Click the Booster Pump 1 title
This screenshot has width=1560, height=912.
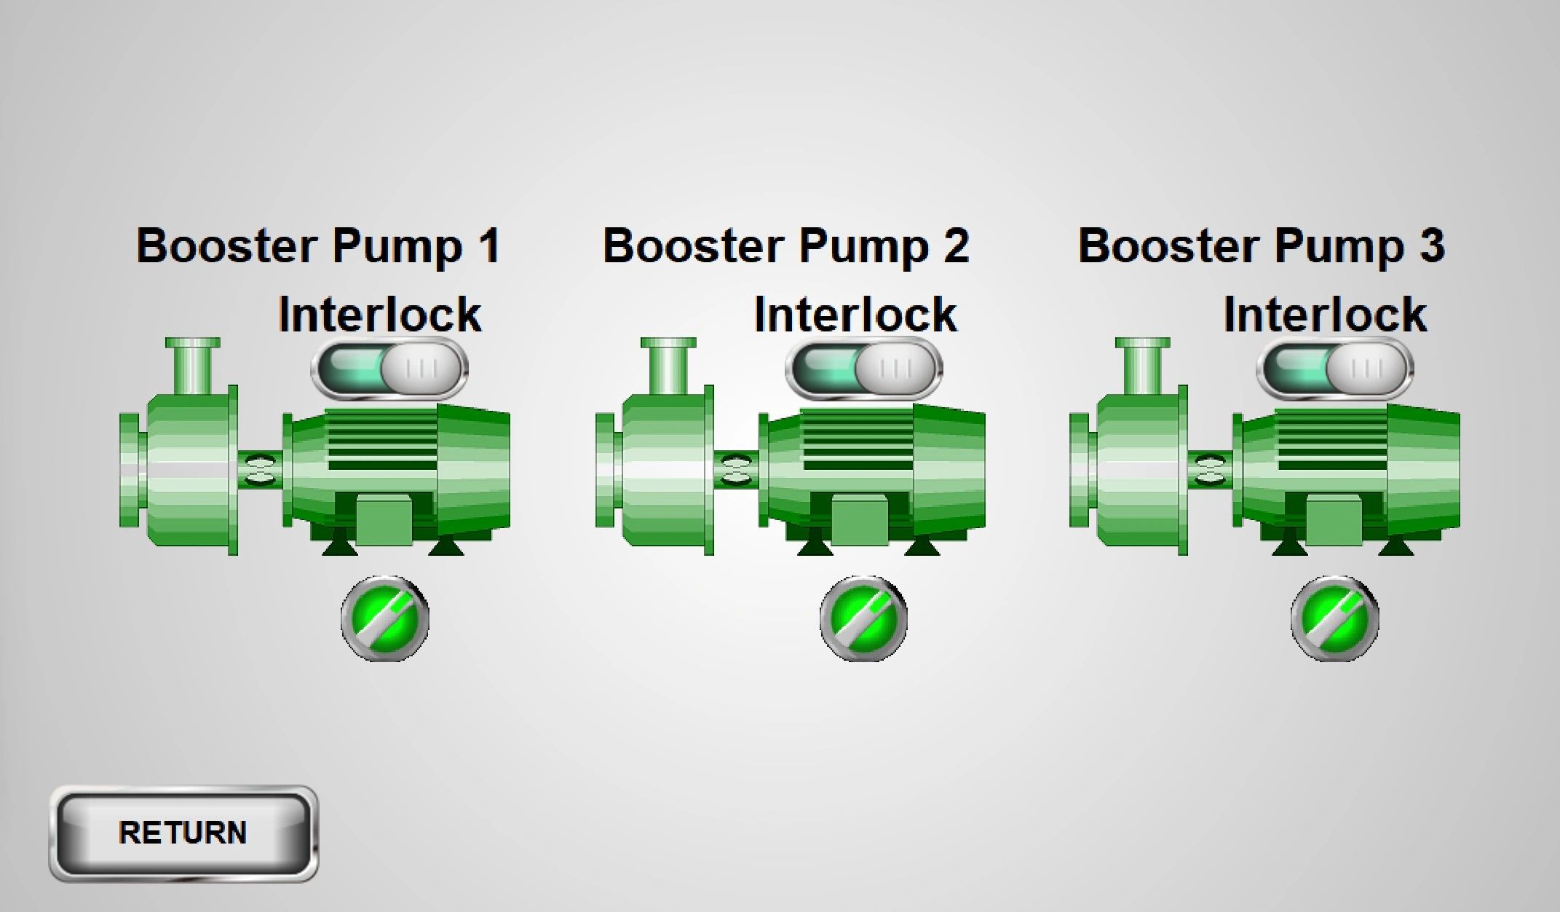coord(318,246)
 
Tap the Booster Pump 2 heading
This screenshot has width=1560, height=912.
coord(786,246)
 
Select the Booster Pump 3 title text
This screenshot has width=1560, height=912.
coord(1262,246)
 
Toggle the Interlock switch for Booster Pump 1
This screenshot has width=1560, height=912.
coord(389,368)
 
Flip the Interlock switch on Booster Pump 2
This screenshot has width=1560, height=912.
coord(864,368)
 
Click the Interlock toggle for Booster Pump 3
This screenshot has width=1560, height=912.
coord(1335,368)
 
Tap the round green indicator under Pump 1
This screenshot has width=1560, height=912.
coord(385,618)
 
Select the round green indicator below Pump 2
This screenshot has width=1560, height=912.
coord(864,618)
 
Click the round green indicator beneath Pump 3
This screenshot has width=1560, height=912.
coord(1335,618)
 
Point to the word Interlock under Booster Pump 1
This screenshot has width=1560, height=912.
coord(380,315)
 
